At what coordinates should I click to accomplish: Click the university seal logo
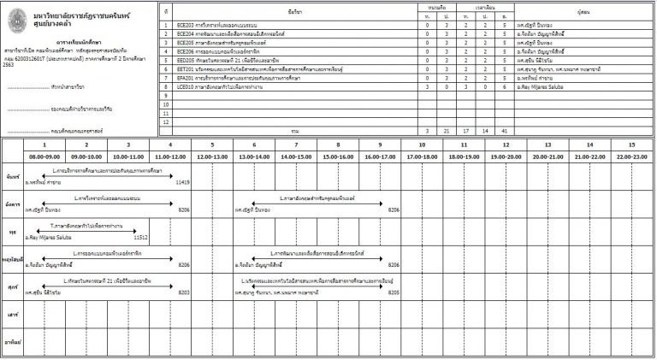17,17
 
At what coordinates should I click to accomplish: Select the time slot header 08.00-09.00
45,157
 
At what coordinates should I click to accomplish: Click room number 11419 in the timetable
181,182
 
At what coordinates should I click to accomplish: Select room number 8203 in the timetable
184,292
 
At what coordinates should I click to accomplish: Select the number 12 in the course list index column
165,121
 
